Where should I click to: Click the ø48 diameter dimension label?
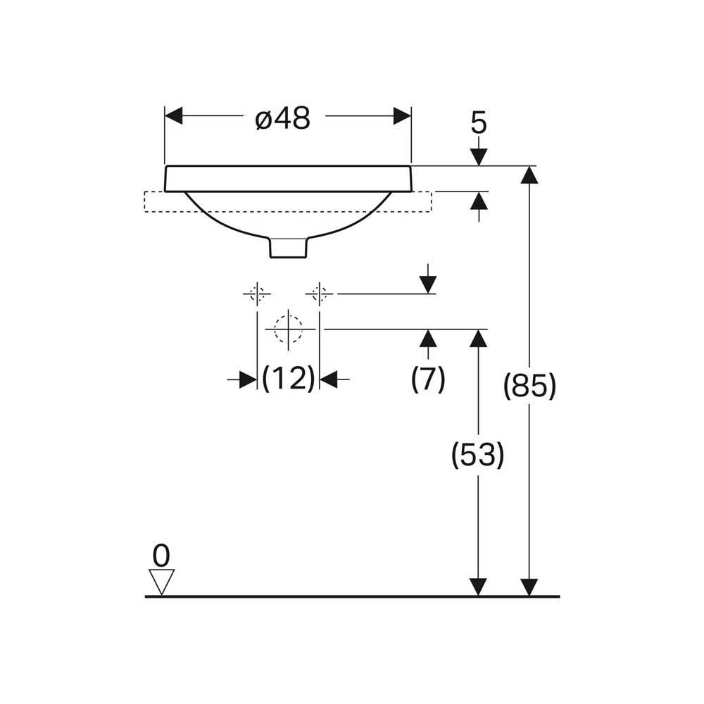283,118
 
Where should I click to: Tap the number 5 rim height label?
479,122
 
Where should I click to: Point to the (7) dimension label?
428,379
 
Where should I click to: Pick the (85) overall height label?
530,385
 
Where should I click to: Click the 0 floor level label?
161,555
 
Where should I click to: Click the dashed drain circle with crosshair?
288,329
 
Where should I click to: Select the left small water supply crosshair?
257,294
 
